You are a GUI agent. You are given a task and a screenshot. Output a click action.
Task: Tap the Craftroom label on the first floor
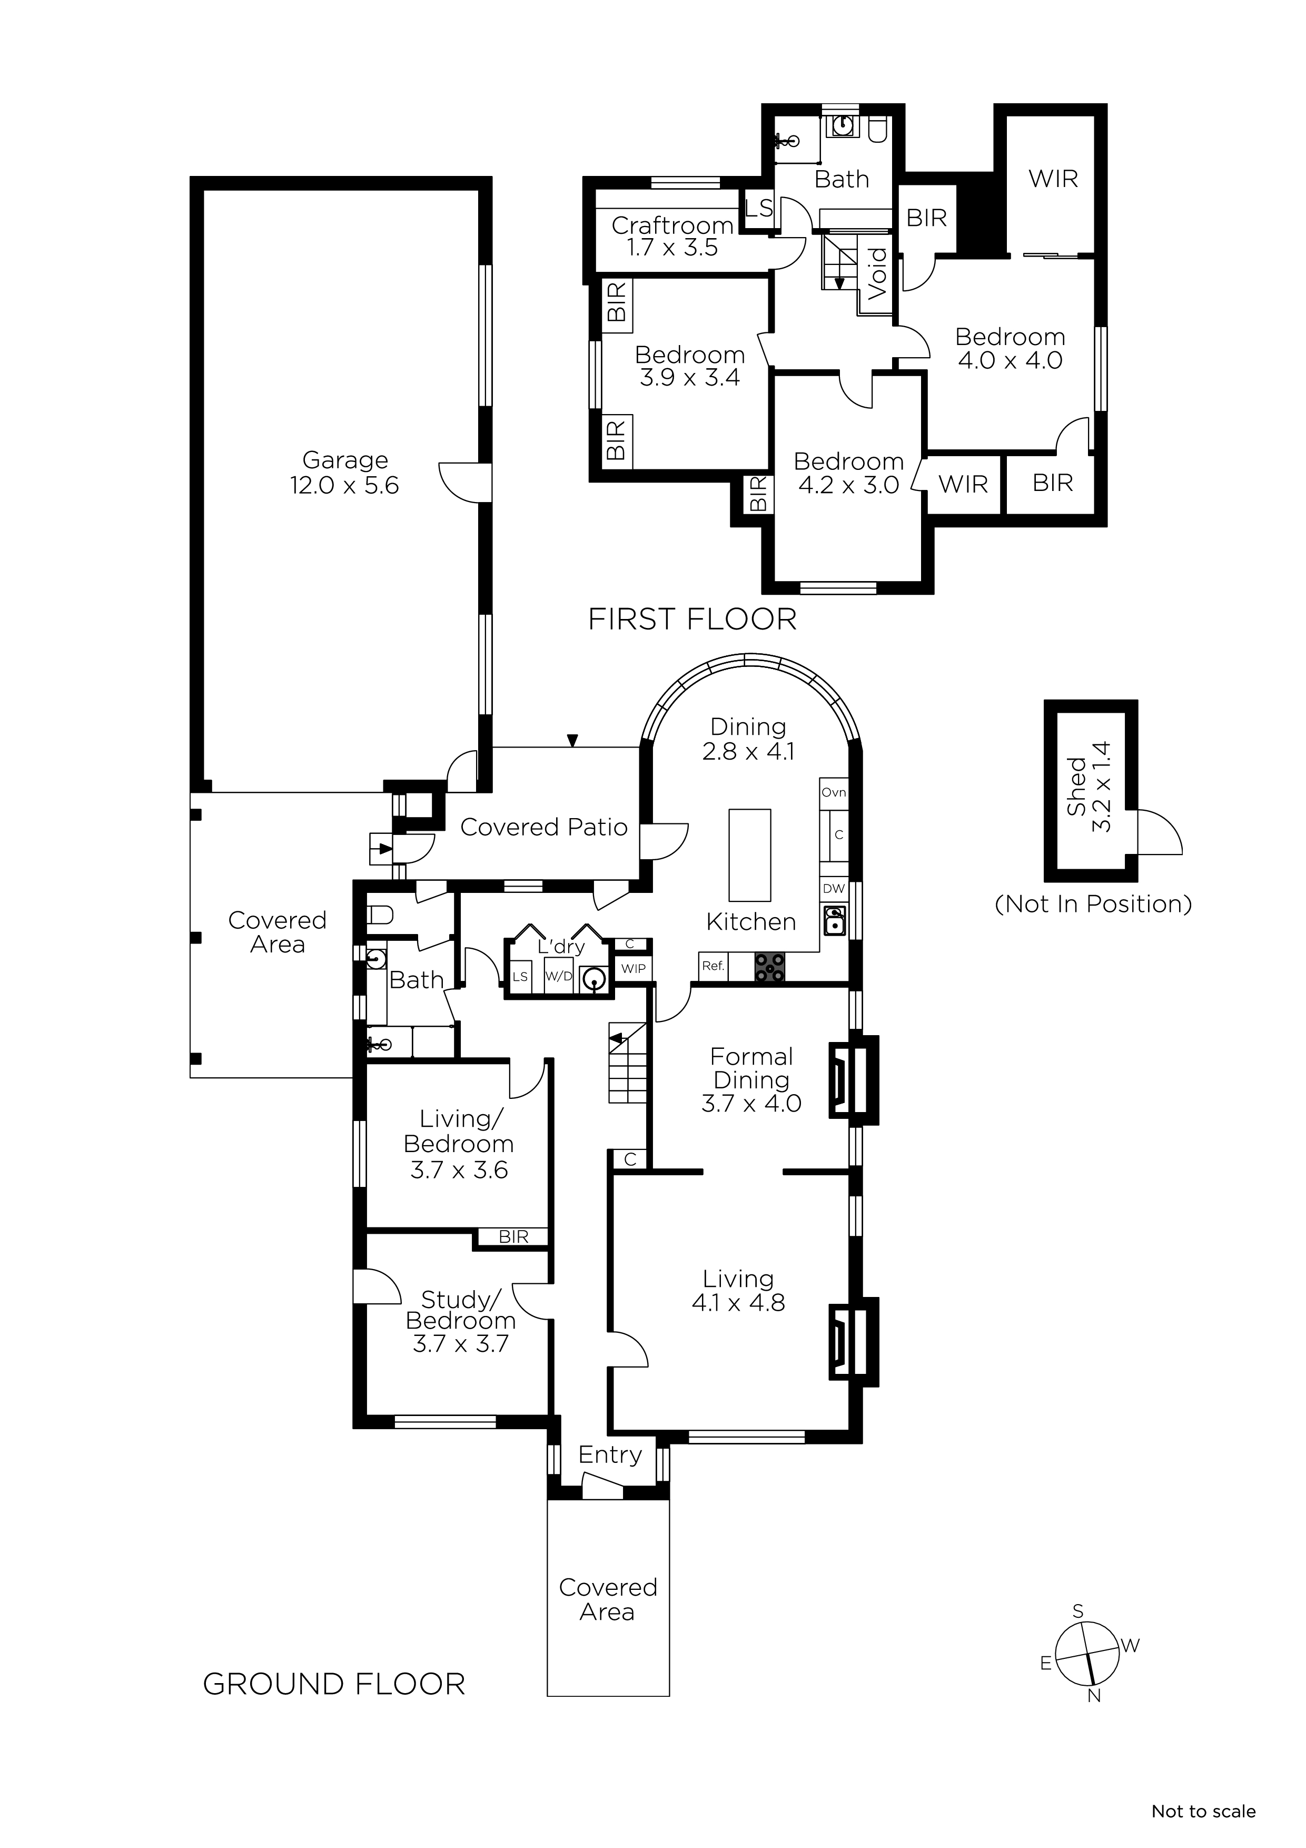coord(672,225)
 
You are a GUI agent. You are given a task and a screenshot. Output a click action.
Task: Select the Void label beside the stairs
coord(877,273)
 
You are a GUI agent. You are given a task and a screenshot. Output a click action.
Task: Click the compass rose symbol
coord(1087,1655)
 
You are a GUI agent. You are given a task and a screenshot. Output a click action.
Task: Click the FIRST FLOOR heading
coord(692,619)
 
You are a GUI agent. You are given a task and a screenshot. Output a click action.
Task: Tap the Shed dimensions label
coord(1101,787)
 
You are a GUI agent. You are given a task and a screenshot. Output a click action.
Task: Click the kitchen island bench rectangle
coord(749,855)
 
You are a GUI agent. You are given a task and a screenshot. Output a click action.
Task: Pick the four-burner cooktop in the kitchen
coord(769,967)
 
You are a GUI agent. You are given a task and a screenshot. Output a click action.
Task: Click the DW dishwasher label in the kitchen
coord(834,889)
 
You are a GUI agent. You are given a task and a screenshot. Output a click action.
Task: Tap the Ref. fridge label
coord(713,965)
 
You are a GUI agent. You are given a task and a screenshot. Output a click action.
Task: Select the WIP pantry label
coord(634,968)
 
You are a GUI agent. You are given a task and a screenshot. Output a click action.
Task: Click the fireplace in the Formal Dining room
coord(853,1079)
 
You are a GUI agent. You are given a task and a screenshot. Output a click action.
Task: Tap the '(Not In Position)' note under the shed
coord(1093,904)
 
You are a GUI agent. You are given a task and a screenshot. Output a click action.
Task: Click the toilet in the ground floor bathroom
coord(379,915)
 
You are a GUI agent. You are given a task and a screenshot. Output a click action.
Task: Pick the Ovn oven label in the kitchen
coord(834,792)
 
